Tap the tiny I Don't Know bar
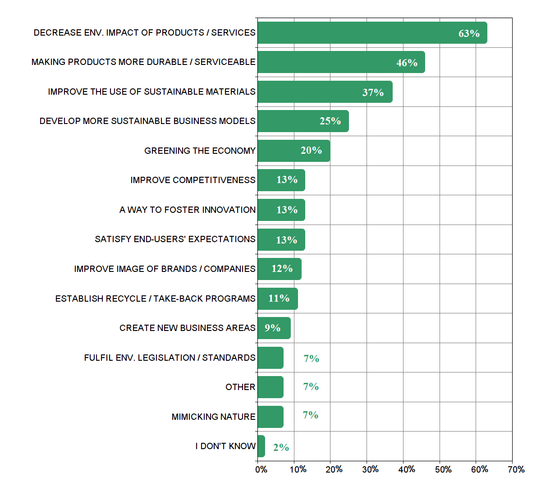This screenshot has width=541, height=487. click(x=261, y=446)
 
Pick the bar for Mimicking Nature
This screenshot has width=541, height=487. click(x=270, y=417)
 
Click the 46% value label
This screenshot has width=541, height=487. click(x=407, y=63)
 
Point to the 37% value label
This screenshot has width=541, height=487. click(x=373, y=92)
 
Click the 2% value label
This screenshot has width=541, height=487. click(x=281, y=447)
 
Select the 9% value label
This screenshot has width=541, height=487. click(x=272, y=328)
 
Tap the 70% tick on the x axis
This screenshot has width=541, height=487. click(x=516, y=469)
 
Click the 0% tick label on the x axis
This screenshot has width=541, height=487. click(x=261, y=469)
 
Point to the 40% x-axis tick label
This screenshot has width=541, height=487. click(x=407, y=469)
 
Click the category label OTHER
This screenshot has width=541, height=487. click(x=240, y=387)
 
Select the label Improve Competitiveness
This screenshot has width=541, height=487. click(x=193, y=180)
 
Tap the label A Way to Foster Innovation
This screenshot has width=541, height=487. click(x=188, y=210)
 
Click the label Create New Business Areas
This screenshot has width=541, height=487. click(x=188, y=328)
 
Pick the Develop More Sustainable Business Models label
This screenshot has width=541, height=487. click(x=147, y=121)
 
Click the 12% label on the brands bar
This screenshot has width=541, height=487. click(x=282, y=269)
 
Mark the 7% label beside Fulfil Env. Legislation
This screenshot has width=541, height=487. click(x=311, y=358)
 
